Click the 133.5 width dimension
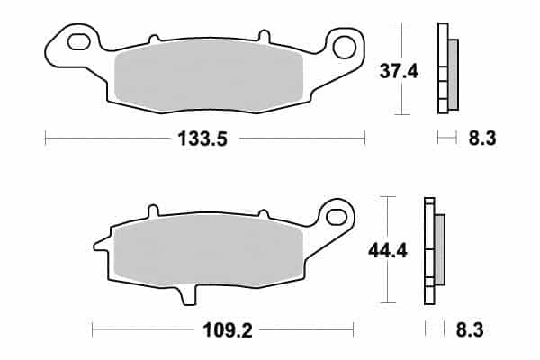202,139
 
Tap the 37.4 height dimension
399,72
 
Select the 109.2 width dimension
228,330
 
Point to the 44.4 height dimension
388,250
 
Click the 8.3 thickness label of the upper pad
482,139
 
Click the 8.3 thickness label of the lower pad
470,329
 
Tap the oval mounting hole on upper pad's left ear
79,42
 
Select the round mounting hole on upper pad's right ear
345,46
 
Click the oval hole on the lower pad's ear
336,217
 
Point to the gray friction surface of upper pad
209,76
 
